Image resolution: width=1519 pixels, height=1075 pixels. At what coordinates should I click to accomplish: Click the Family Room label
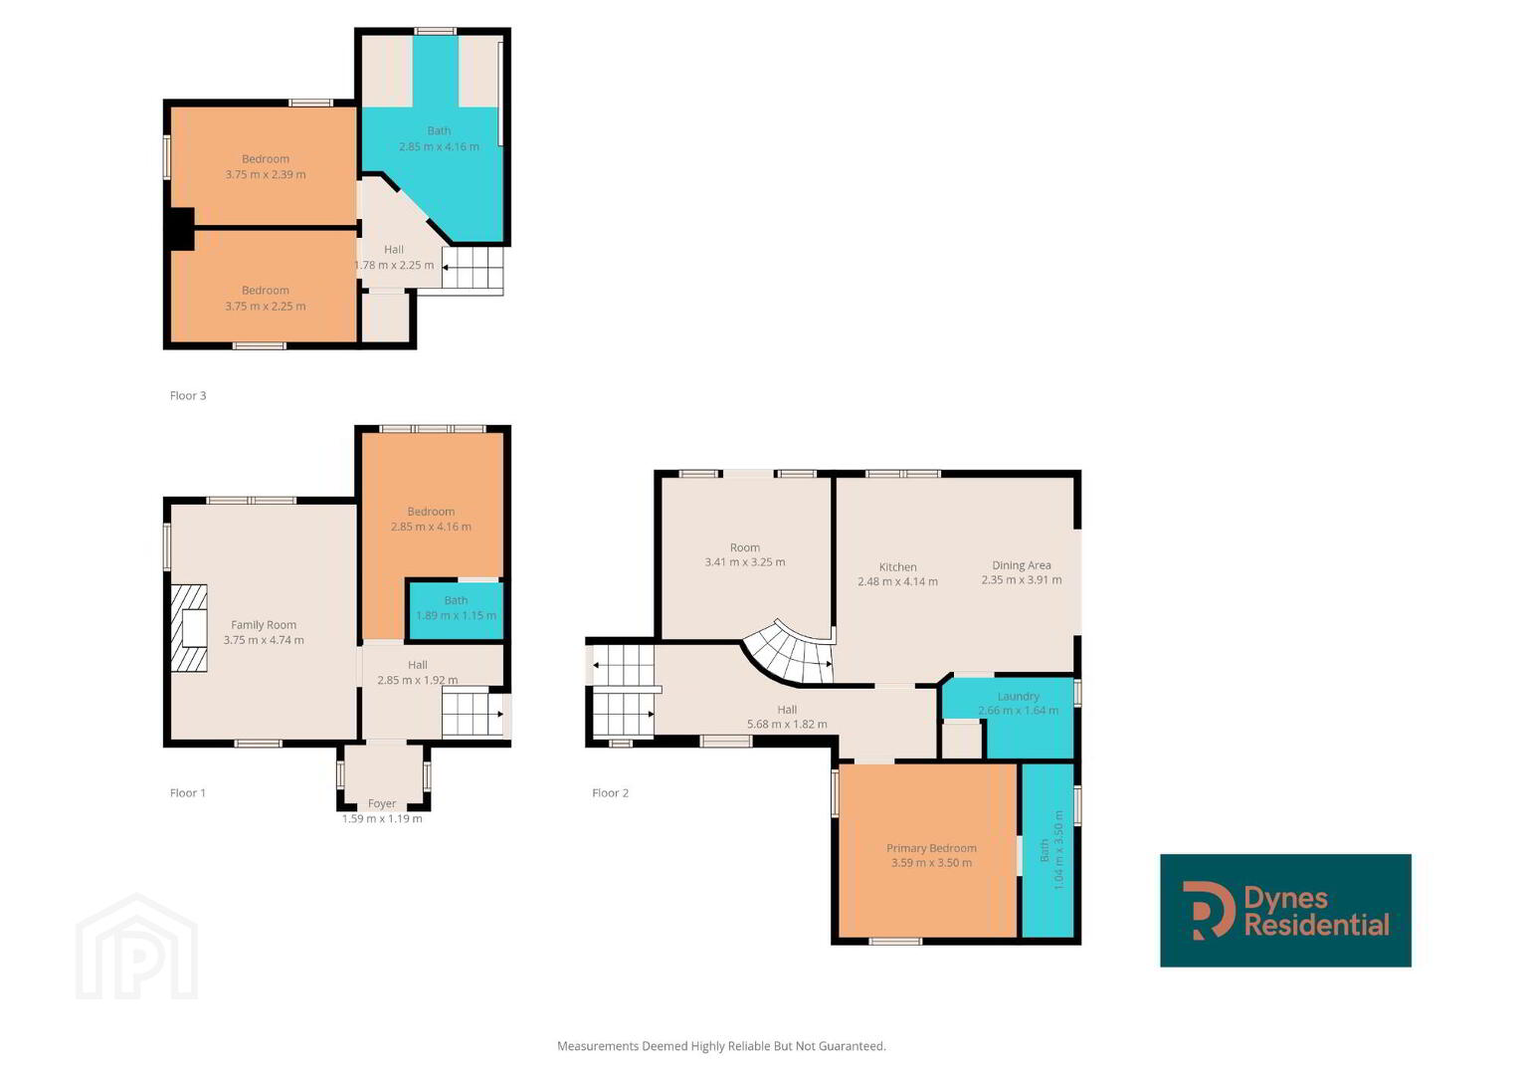pos(264,625)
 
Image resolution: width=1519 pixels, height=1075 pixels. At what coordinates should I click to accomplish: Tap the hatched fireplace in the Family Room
pos(189,628)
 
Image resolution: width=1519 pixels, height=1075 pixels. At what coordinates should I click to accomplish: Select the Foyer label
pos(382,803)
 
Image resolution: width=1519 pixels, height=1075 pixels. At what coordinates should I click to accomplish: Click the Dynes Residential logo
pos(1285,910)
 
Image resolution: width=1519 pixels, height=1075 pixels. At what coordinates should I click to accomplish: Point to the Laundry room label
pos(1018,697)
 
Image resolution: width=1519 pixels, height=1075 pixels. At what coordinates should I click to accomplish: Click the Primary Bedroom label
pos(931,848)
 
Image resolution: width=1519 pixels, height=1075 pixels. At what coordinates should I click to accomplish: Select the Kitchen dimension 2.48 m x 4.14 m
pos(898,581)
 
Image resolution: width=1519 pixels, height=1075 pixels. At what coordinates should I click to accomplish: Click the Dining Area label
pos(1022,565)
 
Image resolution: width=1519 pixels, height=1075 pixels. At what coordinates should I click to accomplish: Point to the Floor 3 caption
pos(188,396)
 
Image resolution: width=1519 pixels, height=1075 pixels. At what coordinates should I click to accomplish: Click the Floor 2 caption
pos(611,792)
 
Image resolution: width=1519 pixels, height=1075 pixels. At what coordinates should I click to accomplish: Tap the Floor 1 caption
pos(188,792)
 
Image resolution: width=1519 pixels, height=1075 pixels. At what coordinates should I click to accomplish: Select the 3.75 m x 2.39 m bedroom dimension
pos(266,174)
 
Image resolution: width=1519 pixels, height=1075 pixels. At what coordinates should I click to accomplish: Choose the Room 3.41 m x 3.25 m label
pos(745,554)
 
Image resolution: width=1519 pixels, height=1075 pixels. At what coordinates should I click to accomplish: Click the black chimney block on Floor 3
pos(182,229)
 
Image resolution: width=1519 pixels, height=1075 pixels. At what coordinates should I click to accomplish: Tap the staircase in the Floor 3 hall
pos(473,268)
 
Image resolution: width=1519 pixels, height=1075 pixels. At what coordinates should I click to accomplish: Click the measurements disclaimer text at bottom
pos(721,1046)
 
